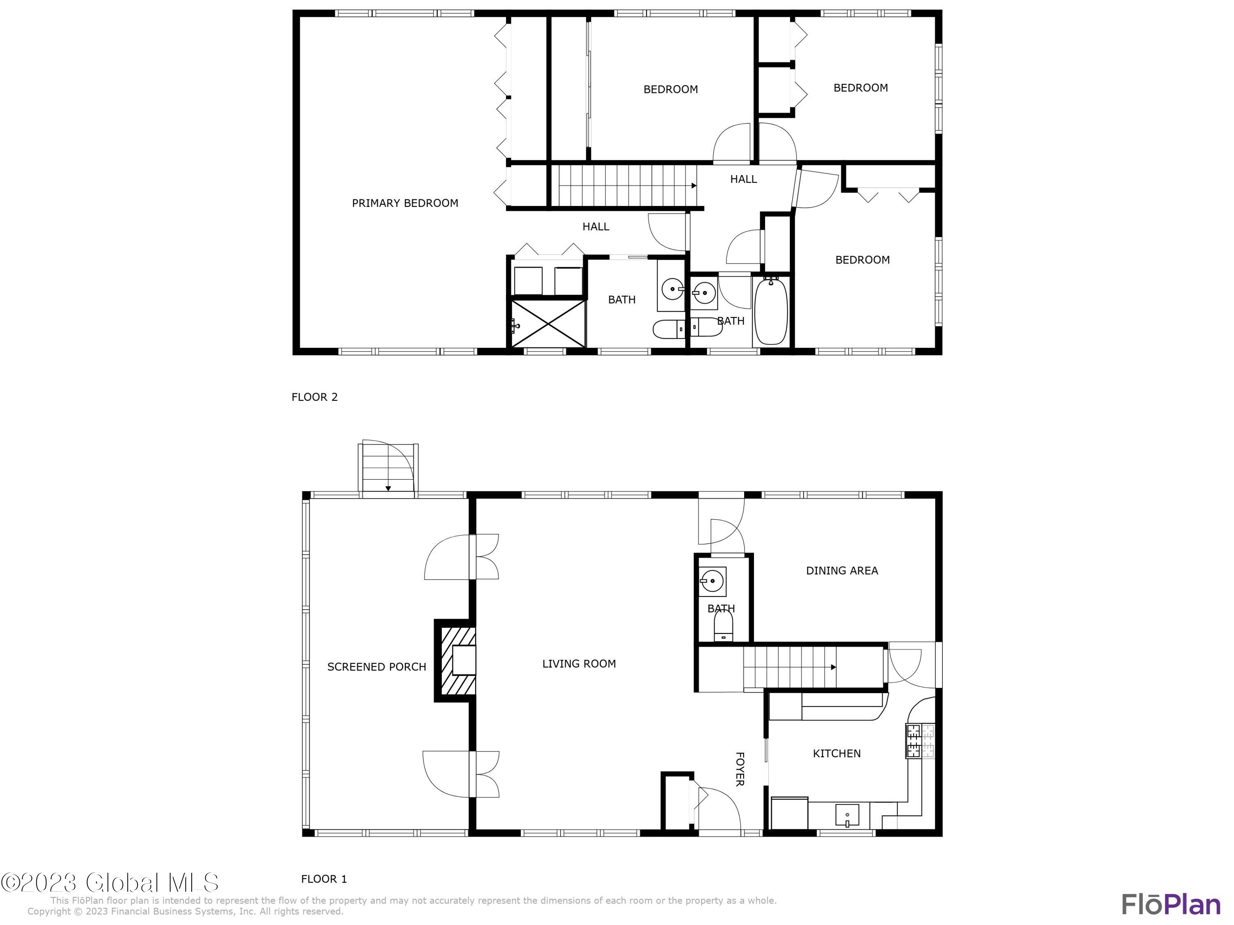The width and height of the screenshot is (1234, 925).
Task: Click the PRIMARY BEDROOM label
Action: tap(405, 203)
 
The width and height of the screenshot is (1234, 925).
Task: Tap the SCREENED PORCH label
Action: tap(376, 667)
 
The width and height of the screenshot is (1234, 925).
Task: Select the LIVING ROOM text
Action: tap(579, 664)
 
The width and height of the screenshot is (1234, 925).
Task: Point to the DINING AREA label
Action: tap(842, 570)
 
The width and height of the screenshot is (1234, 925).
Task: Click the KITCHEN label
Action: tap(836, 753)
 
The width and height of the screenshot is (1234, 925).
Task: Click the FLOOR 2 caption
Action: tap(315, 397)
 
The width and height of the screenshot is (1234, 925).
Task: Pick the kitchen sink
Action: tap(847, 815)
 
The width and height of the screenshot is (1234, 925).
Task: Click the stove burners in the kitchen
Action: tap(919, 740)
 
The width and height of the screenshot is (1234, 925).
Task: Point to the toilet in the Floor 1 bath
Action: tap(724, 628)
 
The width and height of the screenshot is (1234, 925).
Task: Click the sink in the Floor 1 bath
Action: tap(712, 581)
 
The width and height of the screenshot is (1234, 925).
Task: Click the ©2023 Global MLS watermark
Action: tap(110, 883)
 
